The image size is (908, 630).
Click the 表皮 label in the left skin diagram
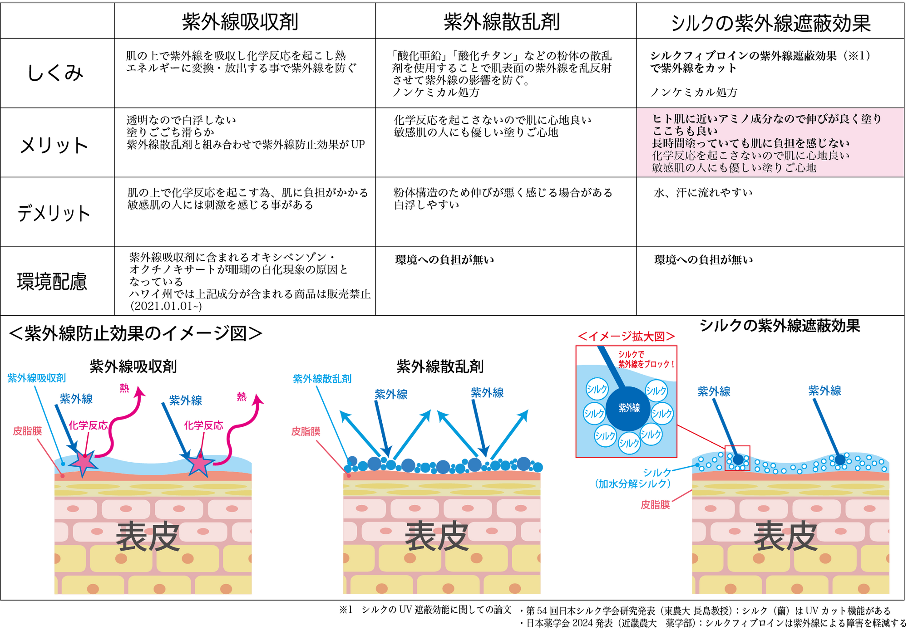click(148, 537)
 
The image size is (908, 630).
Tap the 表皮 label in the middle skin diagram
click(437, 537)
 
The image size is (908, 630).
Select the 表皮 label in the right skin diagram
click(785, 537)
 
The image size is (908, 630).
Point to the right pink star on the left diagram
click(199, 464)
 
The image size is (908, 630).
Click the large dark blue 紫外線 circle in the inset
click(628, 408)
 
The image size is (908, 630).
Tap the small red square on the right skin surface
click(737, 458)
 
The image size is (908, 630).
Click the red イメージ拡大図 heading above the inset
click(626, 337)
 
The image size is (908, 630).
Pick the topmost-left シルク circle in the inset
click(597, 389)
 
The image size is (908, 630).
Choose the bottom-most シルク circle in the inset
click(629, 443)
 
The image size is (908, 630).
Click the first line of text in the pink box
click(767, 119)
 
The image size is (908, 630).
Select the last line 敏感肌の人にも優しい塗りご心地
click(734, 168)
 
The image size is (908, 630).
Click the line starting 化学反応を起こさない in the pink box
click(750, 156)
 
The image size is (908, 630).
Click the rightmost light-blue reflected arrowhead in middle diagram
click(524, 414)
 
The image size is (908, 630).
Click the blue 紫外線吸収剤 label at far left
click(37, 378)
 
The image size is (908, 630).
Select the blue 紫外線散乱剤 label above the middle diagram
click(322, 379)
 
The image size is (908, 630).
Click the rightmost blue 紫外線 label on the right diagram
click(824, 391)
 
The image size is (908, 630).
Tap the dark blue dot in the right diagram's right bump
click(840, 459)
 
